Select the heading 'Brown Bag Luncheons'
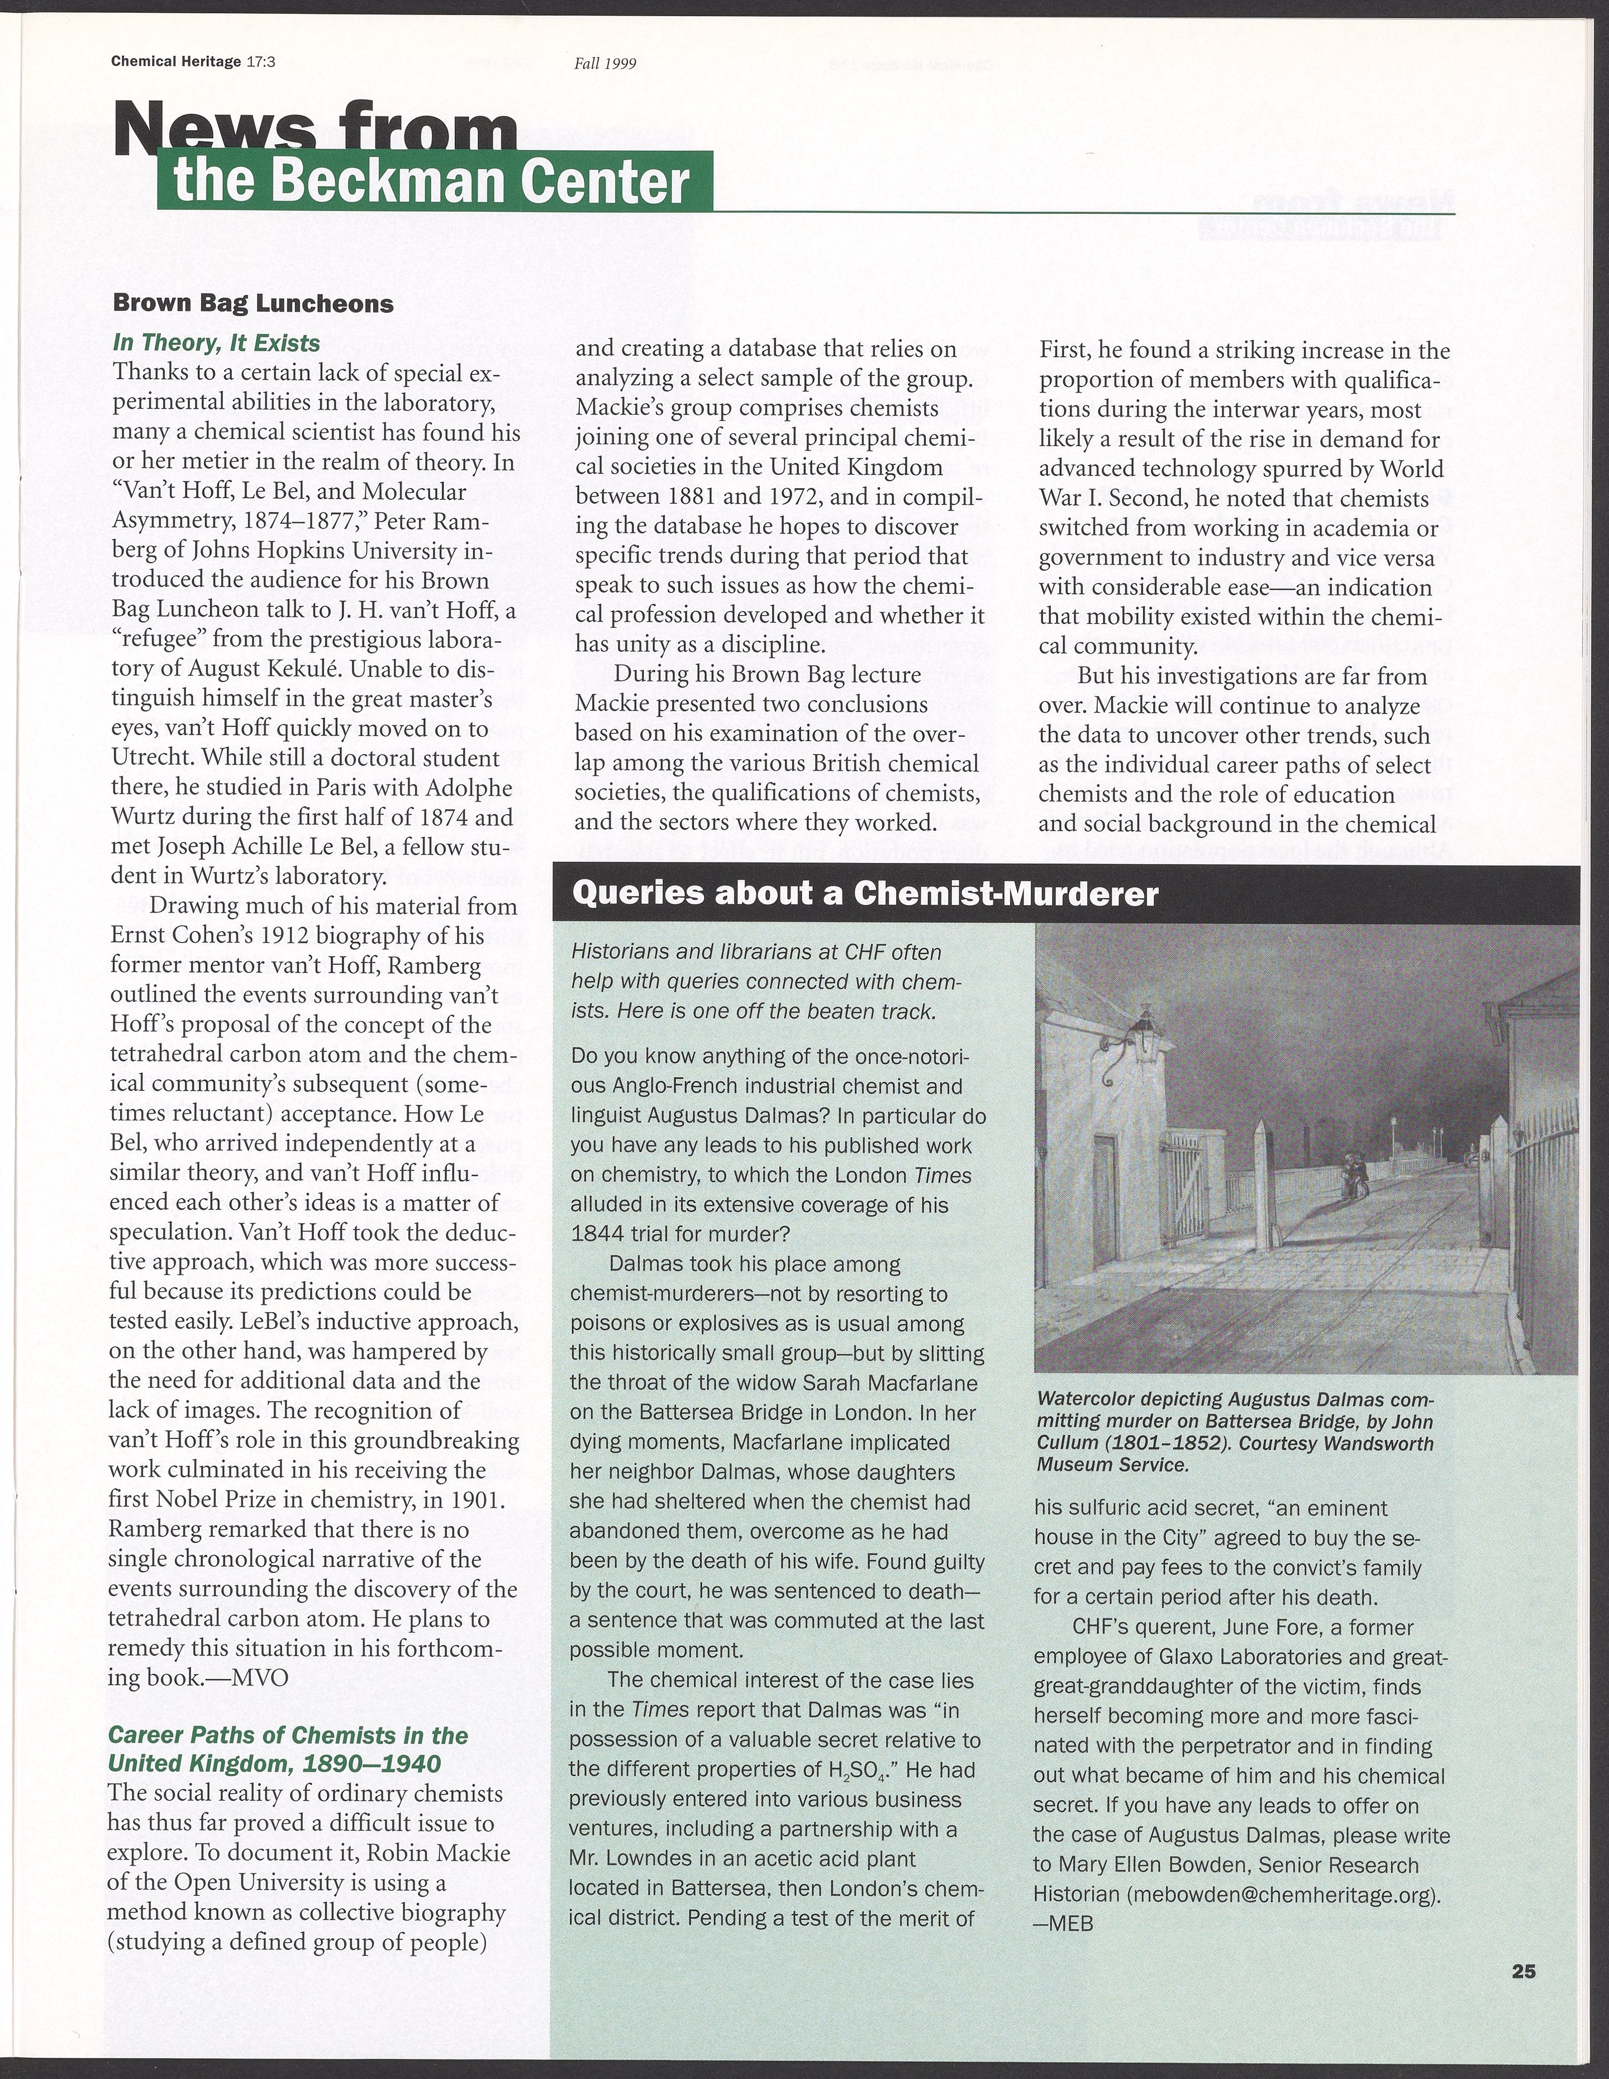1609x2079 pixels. (x=253, y=304)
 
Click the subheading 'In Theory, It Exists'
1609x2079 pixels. (x=216, y=343)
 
